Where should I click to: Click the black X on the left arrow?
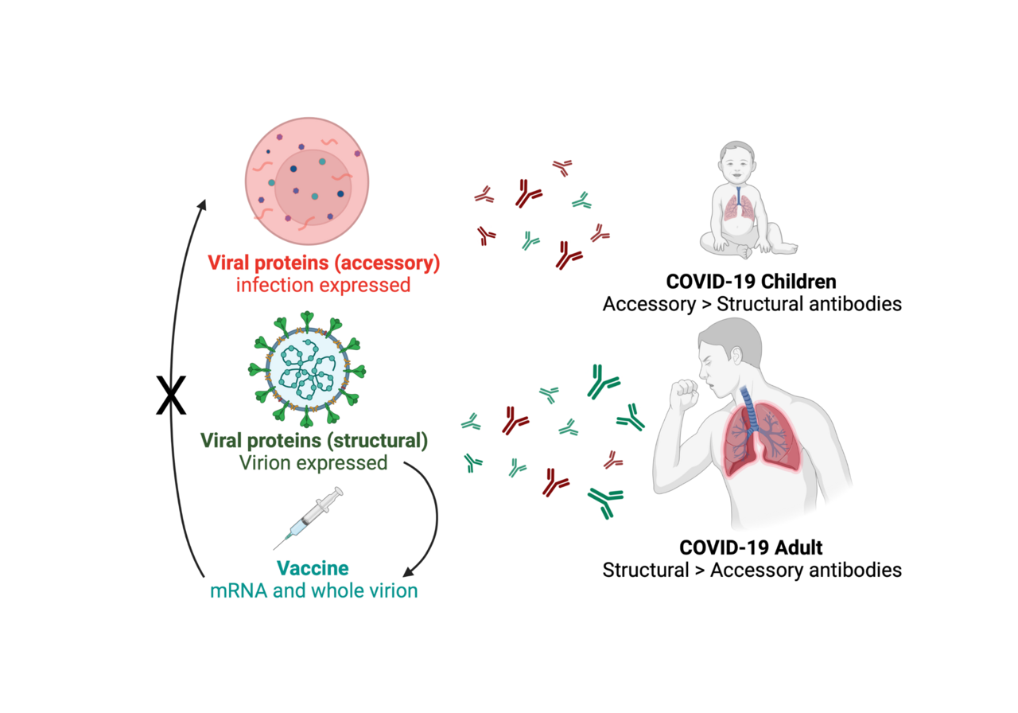tap(171, 395)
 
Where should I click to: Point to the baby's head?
tap(740, 164)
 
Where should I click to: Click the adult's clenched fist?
tap(683, 395)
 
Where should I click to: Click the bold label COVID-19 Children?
tap(752, 282)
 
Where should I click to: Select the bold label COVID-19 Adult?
tap(752, 548)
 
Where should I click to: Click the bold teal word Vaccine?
tap(312, 569)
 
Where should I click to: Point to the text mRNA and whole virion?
tap(312, 591)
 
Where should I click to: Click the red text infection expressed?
tap(323, 284)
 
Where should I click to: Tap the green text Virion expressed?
tap(316, 462)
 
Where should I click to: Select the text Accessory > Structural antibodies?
tap(752, 305)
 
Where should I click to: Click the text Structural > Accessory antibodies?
tap(752, 571)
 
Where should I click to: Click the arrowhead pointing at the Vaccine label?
tap(409, 572)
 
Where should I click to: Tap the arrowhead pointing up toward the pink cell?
tap(202, 205)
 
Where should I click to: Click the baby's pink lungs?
tap(740, 209)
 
